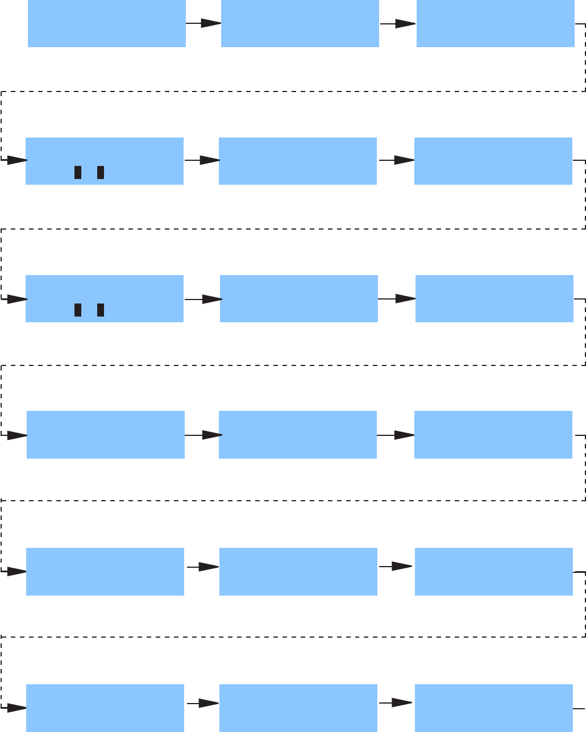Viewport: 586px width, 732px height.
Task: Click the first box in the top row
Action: [107, 23]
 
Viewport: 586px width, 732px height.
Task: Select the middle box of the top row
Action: [300, 23]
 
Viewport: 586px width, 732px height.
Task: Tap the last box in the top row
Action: [495, 23]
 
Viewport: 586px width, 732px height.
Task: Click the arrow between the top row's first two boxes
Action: [203, 24]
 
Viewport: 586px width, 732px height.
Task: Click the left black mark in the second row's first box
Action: [78, 172]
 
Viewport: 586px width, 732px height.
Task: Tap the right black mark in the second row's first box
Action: [101, 172]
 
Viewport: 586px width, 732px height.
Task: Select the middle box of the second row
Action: [297, 161]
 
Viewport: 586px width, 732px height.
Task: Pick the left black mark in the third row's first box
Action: [78, 310]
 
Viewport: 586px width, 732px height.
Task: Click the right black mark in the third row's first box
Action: [101, 310]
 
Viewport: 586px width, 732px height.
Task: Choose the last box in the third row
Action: [494, 298]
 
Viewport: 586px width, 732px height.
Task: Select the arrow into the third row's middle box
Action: [203, 299]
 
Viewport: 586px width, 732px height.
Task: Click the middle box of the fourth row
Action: [297, 434]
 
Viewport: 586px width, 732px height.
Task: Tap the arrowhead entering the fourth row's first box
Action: [16, 436]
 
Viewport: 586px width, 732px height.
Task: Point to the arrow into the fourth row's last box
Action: [396, 435]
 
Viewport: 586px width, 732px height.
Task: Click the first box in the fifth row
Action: [105, 572]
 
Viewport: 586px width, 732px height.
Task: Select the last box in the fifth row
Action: [493, 572]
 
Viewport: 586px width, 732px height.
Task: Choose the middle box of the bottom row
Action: [298, 708]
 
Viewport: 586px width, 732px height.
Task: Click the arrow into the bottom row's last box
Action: [396, 704]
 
